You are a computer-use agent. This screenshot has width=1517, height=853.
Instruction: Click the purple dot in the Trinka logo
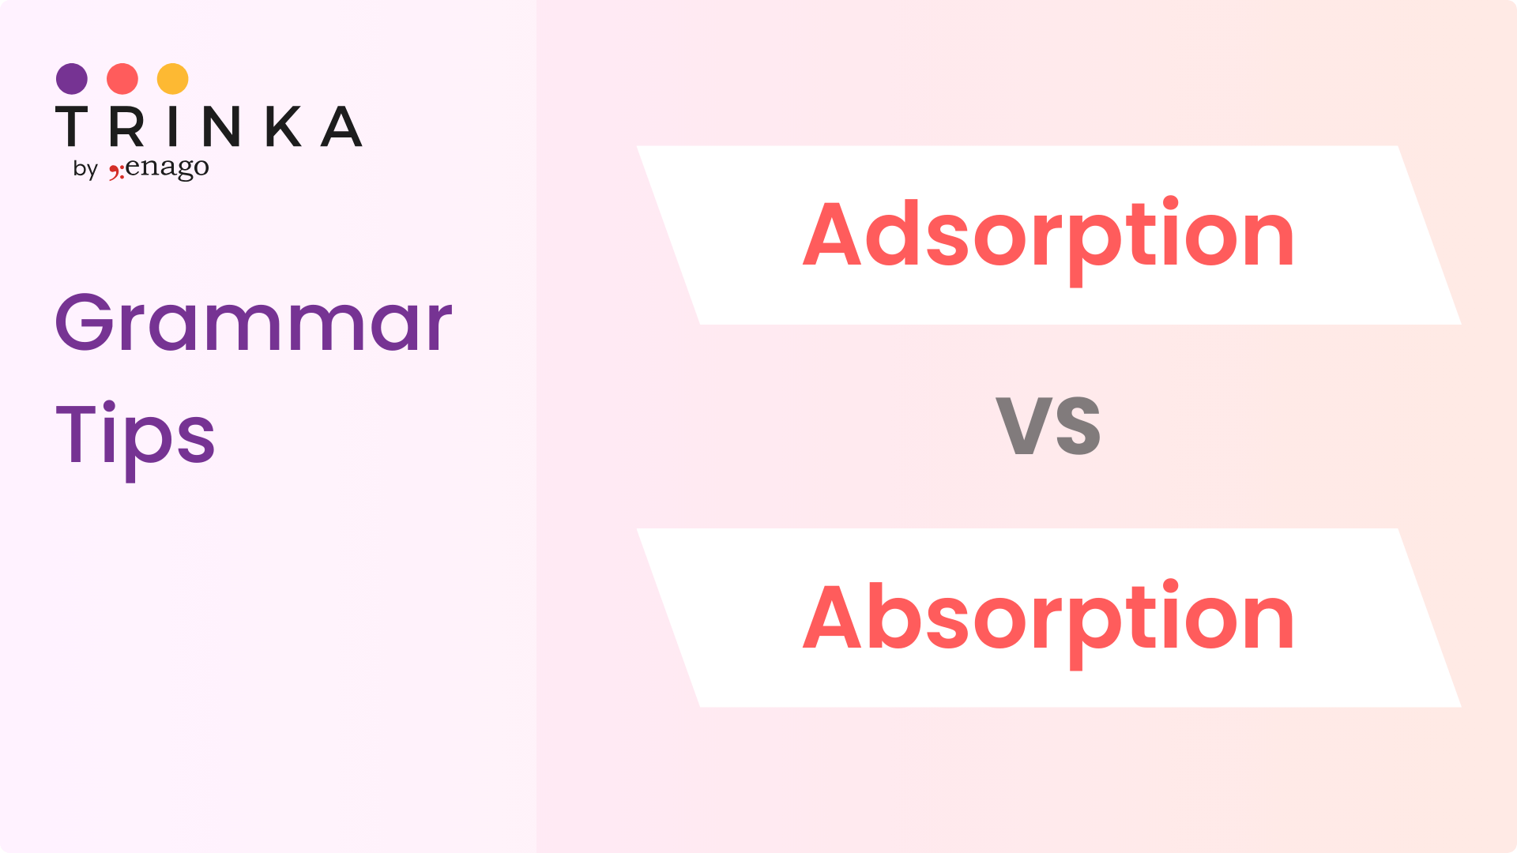72,79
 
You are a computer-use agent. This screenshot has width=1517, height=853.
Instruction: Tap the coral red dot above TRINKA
122,79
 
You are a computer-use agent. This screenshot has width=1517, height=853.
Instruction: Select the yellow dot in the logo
173,79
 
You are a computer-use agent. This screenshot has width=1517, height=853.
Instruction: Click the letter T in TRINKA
71,126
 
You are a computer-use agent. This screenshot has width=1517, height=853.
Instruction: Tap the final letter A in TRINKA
341,126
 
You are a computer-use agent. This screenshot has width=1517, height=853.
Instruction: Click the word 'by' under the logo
85,169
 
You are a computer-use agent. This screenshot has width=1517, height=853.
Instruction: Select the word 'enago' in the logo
168,167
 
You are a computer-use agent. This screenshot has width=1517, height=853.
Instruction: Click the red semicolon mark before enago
116,171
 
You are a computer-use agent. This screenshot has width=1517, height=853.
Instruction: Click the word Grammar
254,322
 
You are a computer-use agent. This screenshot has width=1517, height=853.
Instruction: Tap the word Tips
135,438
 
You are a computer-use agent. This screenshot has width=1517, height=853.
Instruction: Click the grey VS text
1048,426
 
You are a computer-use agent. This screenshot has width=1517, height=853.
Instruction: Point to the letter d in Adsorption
893,232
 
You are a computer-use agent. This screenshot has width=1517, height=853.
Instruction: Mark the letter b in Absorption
894,614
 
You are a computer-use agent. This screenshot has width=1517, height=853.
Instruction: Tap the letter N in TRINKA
221,126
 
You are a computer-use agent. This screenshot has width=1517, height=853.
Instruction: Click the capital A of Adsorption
831,233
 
